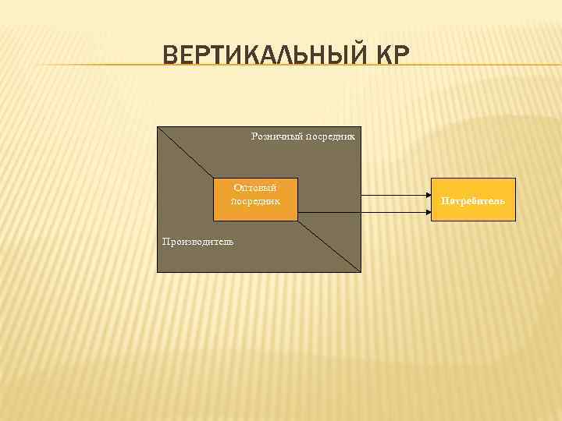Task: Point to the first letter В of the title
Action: click(x=170, y=55)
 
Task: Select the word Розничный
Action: click(x=276, y=136)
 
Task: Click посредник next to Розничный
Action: click(x=330, y=136)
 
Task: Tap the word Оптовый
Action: click(x=255, y=187)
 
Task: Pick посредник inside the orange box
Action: click(x=255, y=201)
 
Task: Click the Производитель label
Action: click(x=197, y=242)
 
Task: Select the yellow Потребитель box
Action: click(x=473, y=200)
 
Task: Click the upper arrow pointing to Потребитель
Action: click(x=394, y=195)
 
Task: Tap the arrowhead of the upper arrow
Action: click(x=427, y=195)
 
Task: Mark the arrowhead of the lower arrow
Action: click(x=427, y=212)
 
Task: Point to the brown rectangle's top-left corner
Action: click(x=158, y=126)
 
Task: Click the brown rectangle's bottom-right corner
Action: click(x=361, y=271)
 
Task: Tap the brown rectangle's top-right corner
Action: click(x=361, y=126)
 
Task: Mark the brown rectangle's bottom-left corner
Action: click(x=158, y=271)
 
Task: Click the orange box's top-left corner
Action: click(x=214, y=179)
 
